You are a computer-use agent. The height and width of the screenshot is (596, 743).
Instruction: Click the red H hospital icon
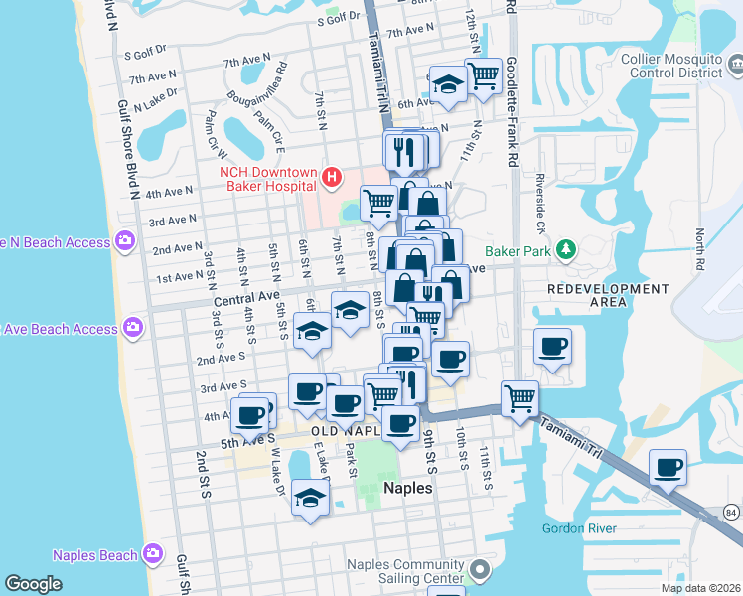click(x=332, y=178)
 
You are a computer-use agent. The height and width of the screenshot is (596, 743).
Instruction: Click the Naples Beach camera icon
click(x=152, y=554)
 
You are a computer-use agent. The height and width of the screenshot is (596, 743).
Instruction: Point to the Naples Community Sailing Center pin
click(x=481, y=571)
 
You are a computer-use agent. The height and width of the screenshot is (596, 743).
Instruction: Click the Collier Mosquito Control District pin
click(x=734, y=66)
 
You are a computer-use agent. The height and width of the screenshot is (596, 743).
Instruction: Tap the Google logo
click(x=33, y=584)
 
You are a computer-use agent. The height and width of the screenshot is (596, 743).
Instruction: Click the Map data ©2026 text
click(x=701, y=588)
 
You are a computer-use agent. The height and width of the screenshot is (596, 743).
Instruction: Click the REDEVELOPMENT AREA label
click(x=609, y=297)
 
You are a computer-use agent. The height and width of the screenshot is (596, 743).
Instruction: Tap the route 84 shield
click(x=731, y=512)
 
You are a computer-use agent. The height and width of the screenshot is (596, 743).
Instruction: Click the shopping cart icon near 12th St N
click(x=483, y=75)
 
